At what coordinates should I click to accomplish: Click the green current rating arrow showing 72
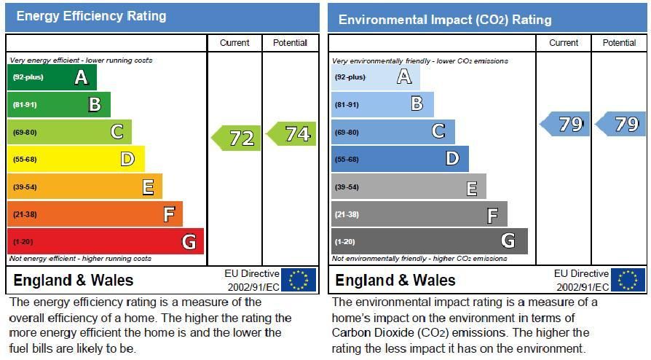(x=237, y=138)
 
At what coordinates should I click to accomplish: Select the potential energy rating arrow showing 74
(x=292, y=134)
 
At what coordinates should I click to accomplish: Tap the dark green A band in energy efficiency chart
(x=52, y=77)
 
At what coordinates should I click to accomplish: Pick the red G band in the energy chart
(x=105, y=241)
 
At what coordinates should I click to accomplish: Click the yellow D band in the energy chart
(x=76, y=159)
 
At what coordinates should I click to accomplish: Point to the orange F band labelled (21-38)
(x=95, y=214)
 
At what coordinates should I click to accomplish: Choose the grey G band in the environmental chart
(x=429, y=241)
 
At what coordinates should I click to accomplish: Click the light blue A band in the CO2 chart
(x=376, y=77)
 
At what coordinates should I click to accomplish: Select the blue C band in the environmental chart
(x=393, y=132)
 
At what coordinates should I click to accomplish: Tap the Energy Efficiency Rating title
(x=91, y=16)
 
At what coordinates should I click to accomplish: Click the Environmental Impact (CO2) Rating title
(x=445, y=20)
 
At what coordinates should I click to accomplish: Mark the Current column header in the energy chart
(x=234, y=43)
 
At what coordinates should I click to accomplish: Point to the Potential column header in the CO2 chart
(x=619, y=43)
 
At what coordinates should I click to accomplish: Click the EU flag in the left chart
(x=299, y=280)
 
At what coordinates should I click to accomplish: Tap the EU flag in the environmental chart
(x=628, y=280)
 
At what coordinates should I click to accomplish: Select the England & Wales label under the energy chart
(x=73, y=281)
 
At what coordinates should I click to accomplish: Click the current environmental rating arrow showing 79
(x=565, y=125)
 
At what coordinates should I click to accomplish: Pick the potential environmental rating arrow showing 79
(x=620, y=125)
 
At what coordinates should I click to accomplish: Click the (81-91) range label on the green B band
(x=25, y=105)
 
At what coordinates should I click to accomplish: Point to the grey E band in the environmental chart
(x=408, y=187)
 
